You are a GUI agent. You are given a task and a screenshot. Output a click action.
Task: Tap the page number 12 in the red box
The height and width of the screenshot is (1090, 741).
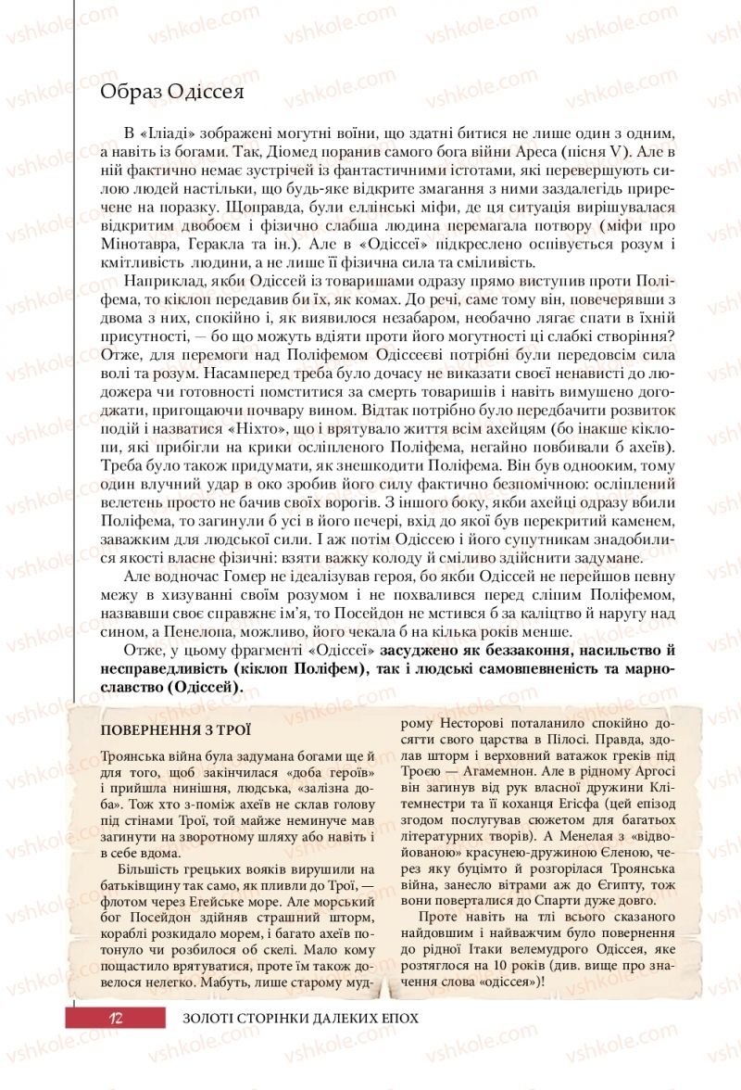pyautogui.click(x=115, y=1017)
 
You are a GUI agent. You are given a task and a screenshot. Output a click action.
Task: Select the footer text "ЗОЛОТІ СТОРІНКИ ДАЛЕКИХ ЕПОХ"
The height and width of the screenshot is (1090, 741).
pyautogui.click(x=301, y=1017)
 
